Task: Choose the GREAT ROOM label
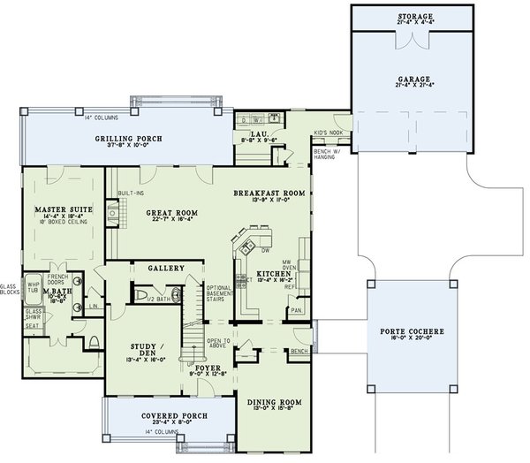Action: [154, 213]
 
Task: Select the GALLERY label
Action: [165, 268]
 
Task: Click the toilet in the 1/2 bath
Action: [142, 296]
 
